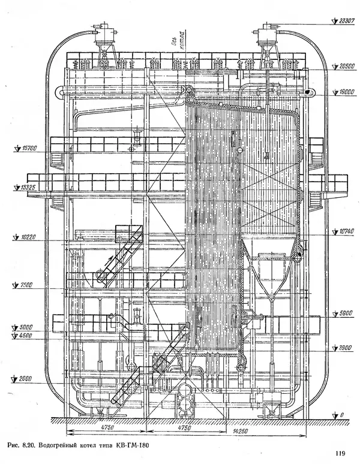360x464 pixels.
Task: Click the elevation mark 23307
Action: coord(347,20)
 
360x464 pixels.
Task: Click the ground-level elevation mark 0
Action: coord(341,414)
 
